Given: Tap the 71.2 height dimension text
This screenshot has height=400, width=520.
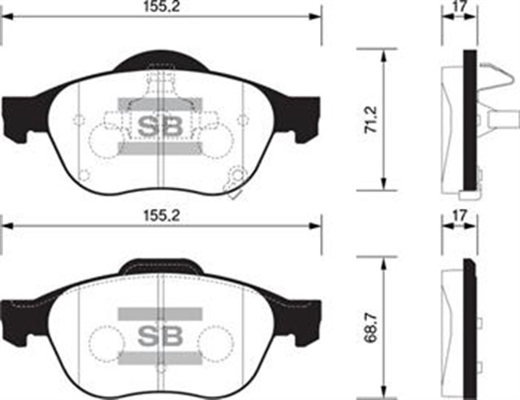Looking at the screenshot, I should [x=370, y=119].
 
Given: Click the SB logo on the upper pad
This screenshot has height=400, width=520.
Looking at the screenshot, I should [x=160, y=125].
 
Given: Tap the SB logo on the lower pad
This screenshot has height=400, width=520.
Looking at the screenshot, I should [x=160, y=335].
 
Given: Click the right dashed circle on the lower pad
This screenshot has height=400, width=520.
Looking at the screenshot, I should [x=215, y=341].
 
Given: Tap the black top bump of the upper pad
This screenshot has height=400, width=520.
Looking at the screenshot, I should [x=162, y=61].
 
